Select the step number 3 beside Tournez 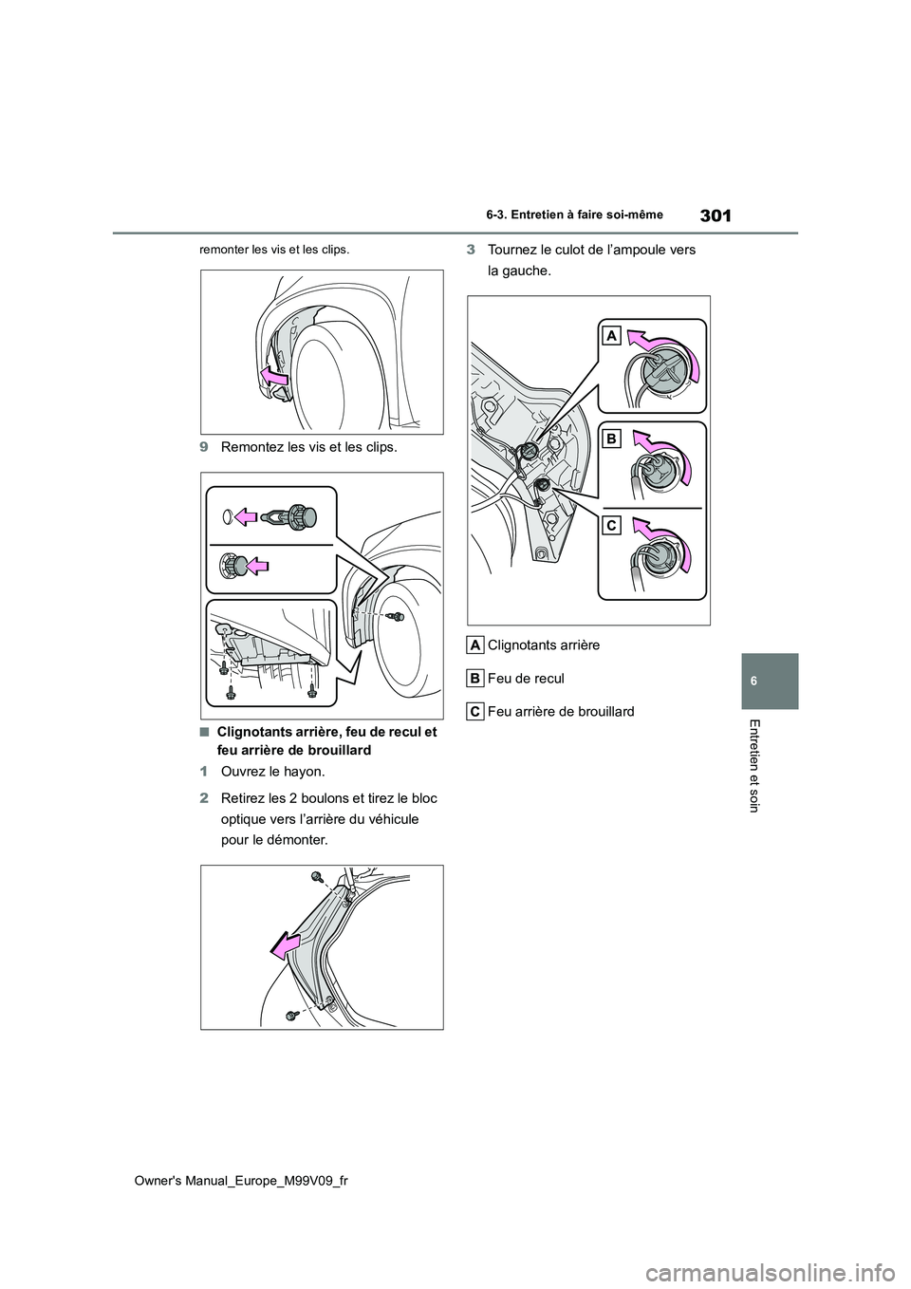pyautogui.click(x=471, y=250)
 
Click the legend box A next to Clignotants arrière pyautogui.click(x=476, y=644)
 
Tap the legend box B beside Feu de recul pyautogui.click(x=476, y=678)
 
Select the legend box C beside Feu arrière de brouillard pyautogui.click(x=476, y=711)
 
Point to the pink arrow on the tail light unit pyautogui.click(x=286, y=944)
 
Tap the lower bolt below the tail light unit pyautogui.click(x=290, y=1016)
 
